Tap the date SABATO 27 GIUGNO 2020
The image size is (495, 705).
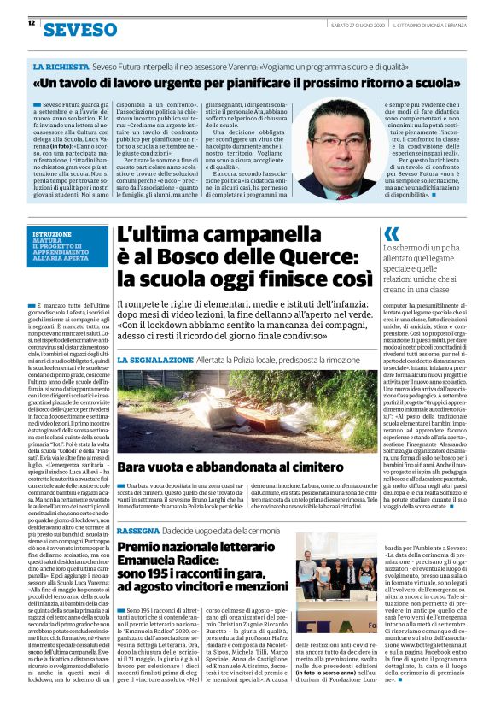click(359, 24)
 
